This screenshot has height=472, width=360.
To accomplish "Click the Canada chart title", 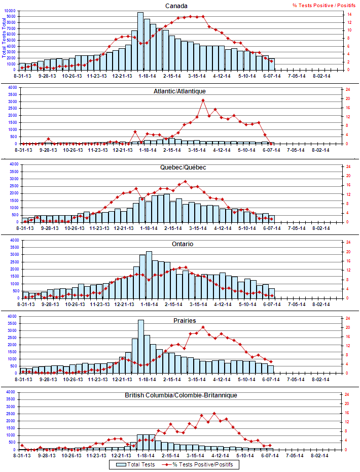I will (177, 6).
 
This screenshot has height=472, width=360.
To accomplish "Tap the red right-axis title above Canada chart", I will (324, 6).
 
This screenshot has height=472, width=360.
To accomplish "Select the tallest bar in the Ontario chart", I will (149, 274).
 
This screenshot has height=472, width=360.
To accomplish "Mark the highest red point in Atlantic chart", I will (203, 100).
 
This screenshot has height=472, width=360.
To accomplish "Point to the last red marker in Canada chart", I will (271, 61).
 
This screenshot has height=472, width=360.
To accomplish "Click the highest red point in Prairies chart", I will (203, 327).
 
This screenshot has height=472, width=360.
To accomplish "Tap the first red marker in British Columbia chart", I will (22, 445).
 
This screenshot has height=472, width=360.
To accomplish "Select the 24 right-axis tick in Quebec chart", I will (348, 166).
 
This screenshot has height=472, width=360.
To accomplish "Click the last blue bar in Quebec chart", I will (271, 219).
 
